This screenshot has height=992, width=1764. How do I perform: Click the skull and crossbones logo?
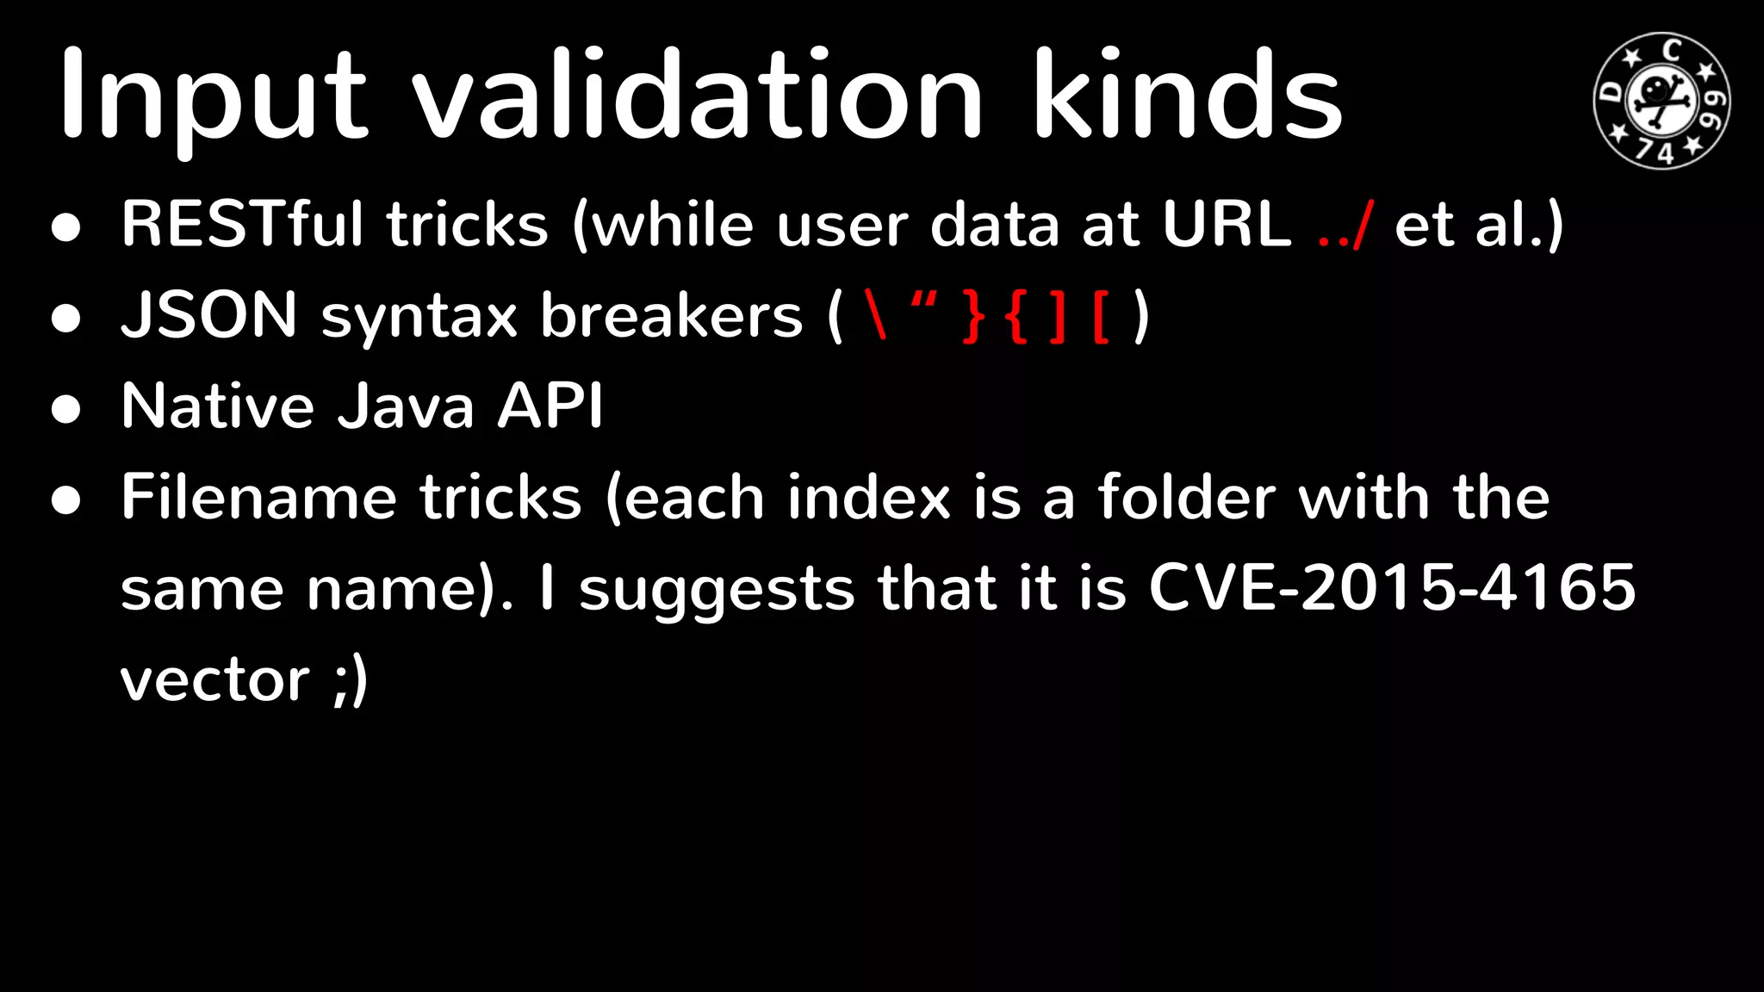pos(1662,100)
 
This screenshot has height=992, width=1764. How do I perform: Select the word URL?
pos(1227,225)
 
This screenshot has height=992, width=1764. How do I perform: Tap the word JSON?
pos(209,315)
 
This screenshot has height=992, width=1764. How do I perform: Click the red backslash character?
pos(877,315)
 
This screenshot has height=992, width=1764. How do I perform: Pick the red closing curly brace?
pos(974,317)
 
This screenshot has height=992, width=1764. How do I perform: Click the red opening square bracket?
pos(1101,317)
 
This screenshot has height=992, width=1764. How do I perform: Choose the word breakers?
pos(671,315)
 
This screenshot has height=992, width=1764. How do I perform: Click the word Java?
pos(405,406)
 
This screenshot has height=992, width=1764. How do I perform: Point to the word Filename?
pos(258,497)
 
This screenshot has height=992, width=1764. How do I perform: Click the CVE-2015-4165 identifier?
pos(1392,588)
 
